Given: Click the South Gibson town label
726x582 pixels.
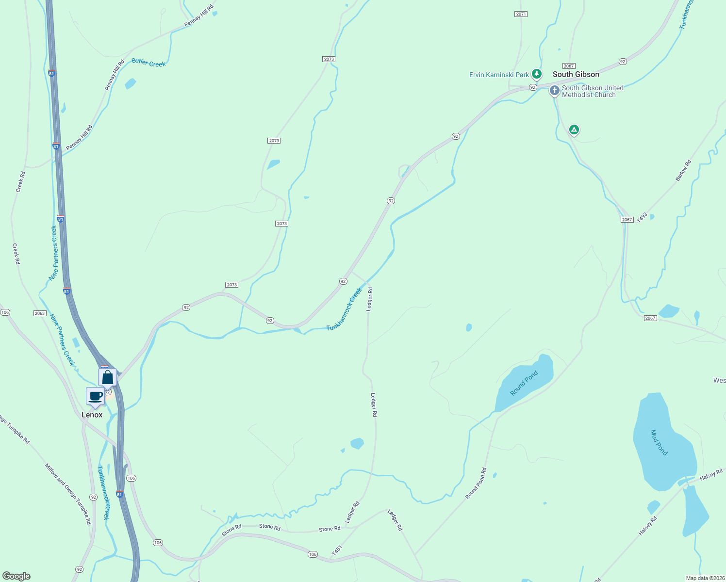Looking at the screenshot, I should (x=576, y=74).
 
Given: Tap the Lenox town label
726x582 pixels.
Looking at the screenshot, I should (x=92, y=415).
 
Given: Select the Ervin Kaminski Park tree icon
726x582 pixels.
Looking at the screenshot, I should (x=536, y=74).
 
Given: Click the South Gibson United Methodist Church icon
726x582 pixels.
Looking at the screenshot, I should (x=554, y=91).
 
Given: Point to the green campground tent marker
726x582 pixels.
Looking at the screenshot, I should (x=574, y=129).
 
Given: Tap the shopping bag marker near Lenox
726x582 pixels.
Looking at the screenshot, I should (x=107, y=377).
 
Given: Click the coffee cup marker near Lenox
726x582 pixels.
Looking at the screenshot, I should (x=96, y=396).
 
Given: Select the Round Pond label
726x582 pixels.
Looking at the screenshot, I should (x=524, y=383).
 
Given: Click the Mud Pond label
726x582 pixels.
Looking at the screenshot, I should (x=659, y=442).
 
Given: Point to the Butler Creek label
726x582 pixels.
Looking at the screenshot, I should (x=148, y=63).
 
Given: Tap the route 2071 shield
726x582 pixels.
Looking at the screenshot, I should (x=521, y=14).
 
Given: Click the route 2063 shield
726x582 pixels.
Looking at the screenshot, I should (x=40, y=313).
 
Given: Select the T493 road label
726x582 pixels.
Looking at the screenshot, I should (x=642, y=217).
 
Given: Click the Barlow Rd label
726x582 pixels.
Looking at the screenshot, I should (x=683, y=171).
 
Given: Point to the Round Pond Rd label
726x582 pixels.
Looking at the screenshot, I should (x=476, y=483).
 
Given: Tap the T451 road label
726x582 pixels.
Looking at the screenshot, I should (x=337, y=550).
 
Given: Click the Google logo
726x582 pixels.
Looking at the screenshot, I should (x=16, y=576).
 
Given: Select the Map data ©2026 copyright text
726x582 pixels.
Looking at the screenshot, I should (x=705, y=578).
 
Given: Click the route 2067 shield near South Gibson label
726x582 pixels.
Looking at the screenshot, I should (x=569, y=66).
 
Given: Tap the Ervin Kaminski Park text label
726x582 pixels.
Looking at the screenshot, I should (x=499, y=75).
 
